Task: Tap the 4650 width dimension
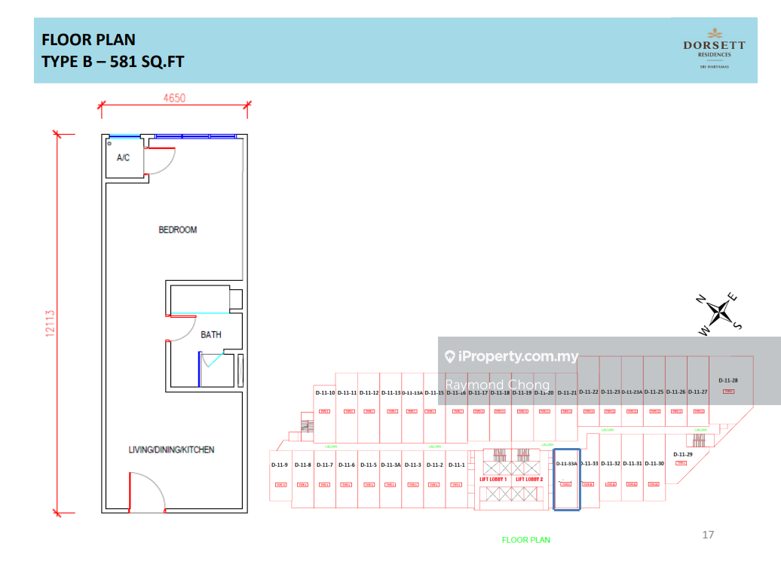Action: point(174,98)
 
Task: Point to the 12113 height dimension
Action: point(51,323)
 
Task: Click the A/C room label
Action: point(123,158)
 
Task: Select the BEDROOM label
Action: point(177,230)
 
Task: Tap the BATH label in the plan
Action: point(211,334)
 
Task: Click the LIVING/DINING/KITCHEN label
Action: point(171,450)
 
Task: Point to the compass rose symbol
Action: point(721,311)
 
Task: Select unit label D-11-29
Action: point(683,455)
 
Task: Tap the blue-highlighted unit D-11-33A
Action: point(566,464)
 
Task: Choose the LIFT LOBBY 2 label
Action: point(529,479)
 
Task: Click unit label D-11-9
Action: point(280,465)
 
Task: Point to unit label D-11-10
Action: point(325,392)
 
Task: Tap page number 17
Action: point(708,535)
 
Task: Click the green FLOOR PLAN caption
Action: point(526,540)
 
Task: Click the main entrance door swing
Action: point(148,492)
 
